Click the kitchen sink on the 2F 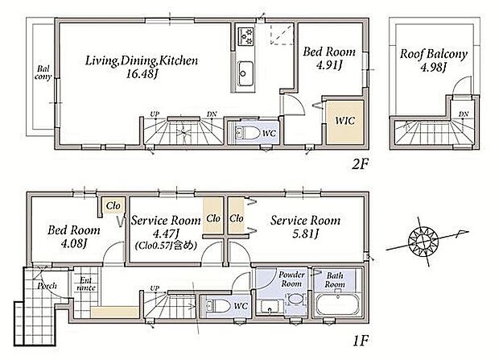tap(245, 73)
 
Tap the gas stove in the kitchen tap(246, 35)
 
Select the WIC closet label tap(345, 121)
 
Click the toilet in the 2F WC tap(247, 133)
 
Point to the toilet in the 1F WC tap(218, 306)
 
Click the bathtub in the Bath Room tap(337, 305)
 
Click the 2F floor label tap(360, 164)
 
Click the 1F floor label tap(361, 341)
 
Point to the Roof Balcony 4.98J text tap(434, 60)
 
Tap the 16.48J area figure tap(142, 75)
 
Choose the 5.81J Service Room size tap(305, 234)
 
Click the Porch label tap(47, 286)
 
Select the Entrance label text tap(86, 283)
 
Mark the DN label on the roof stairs tap(464, 114)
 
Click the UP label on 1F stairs tap(155, 288)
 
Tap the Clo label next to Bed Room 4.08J tap(113, 205)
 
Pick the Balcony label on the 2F tap(43, 72)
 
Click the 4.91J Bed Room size tap(329, 65)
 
